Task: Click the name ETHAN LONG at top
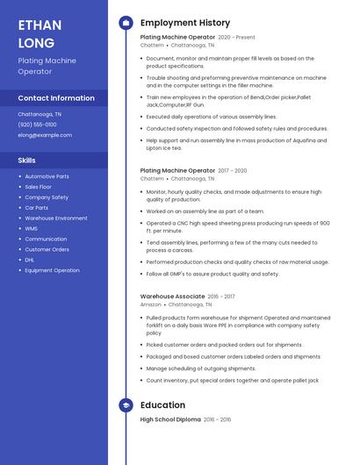pos(36,33)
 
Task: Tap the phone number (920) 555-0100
pos(37,125)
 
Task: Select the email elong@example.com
pos(45,135)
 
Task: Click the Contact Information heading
pos(56,98)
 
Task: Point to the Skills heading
pos(27,161)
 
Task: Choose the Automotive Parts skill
pos(47,176)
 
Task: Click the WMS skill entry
pos(32,228)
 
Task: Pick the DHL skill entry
pos(30,260)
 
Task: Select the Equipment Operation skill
pos(52,270)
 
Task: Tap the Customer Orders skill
pos(47,249)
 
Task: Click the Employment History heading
pos(185,23)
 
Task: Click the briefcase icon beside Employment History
pos(126,23)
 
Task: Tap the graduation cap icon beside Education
pos(126,405)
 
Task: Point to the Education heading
pos(162,405)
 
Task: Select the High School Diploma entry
pos(170,420)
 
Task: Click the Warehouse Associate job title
pos(172,297)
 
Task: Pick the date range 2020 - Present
pos(236,38)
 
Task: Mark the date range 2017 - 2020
pos(233,171)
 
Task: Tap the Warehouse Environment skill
pos(56,218)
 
